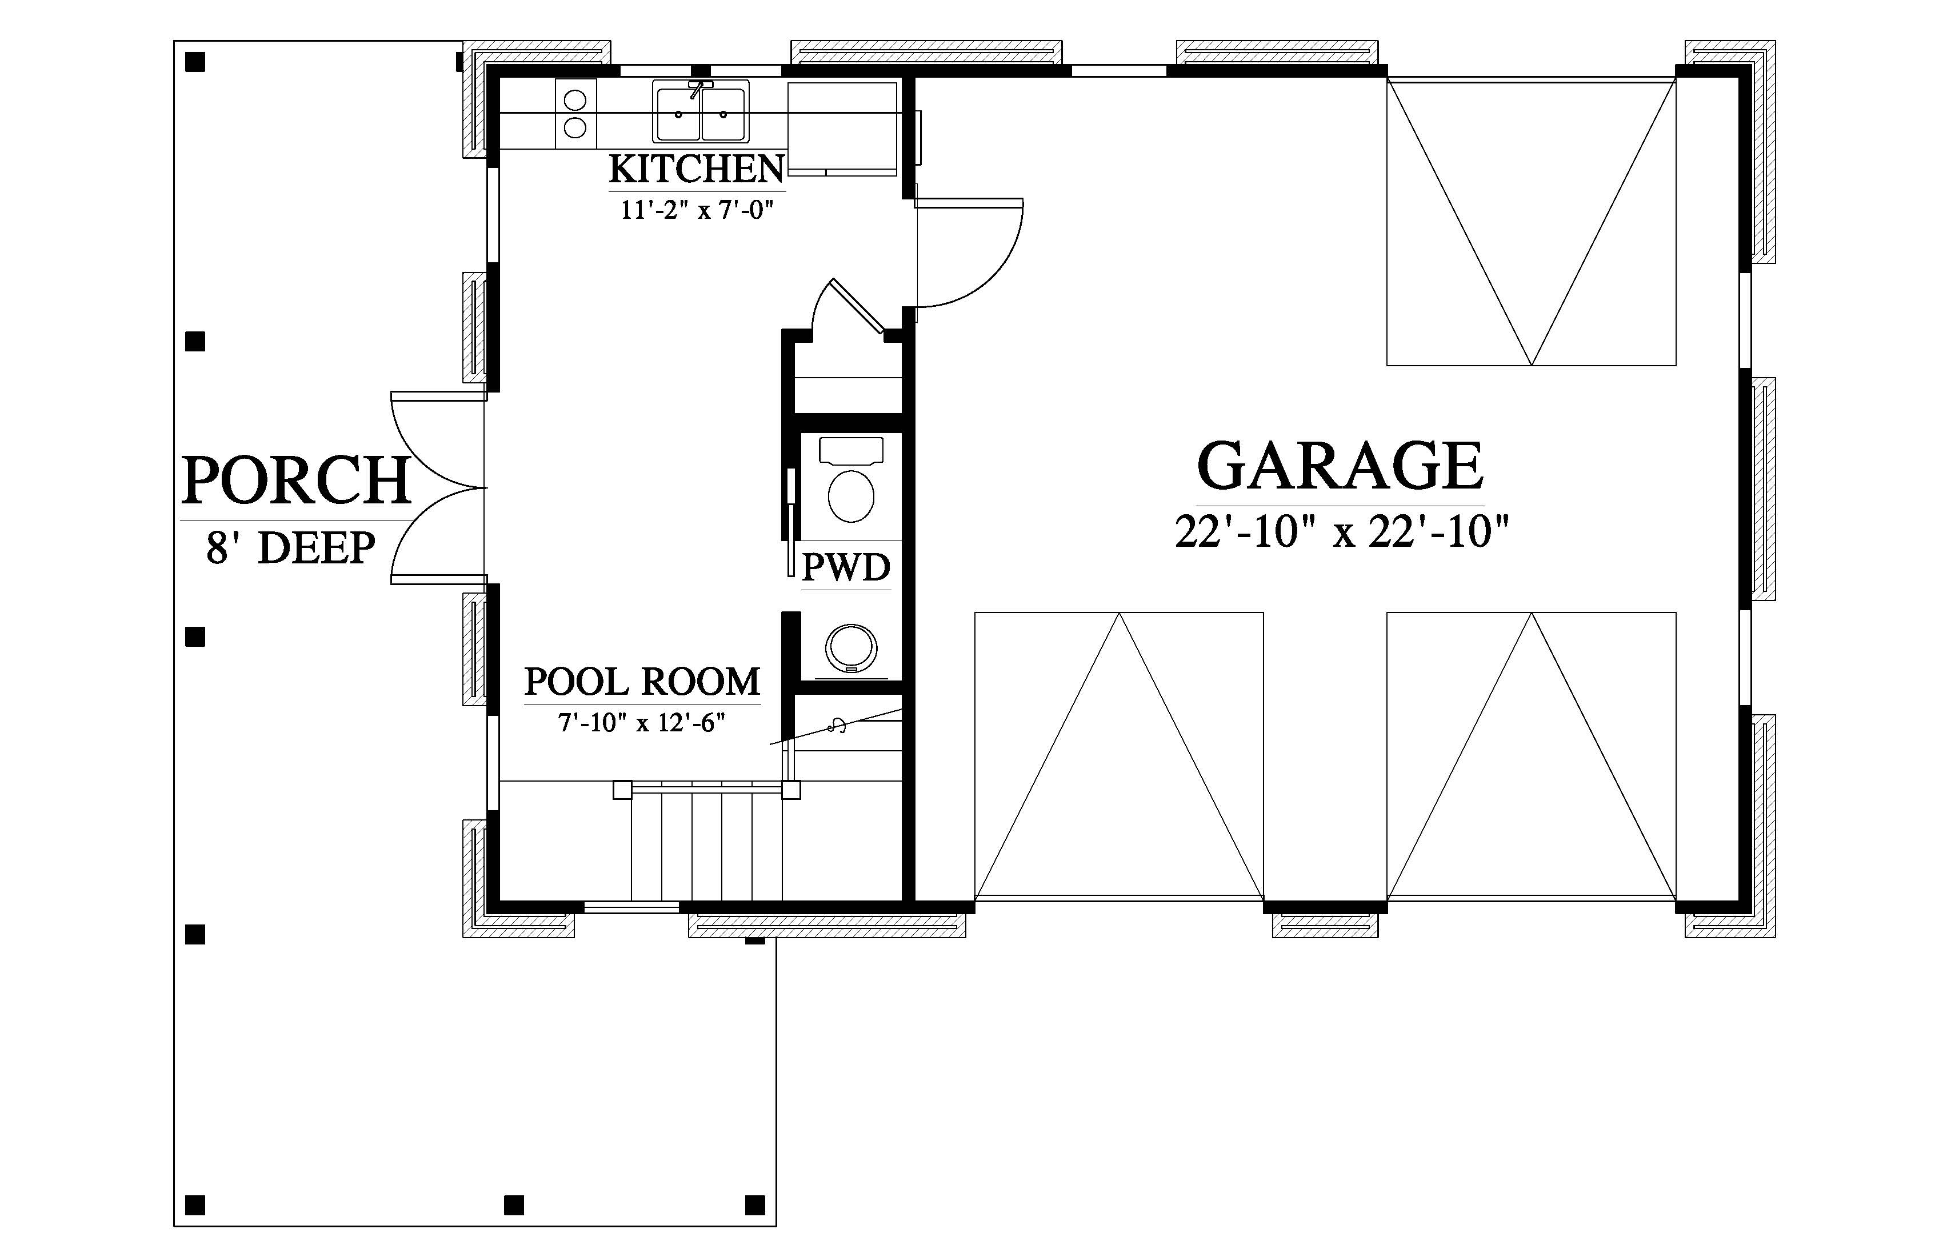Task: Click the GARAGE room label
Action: [x=1340, y=466]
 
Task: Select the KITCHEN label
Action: [x=697, y=169]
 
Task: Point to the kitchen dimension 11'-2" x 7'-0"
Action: [x=697, y=211]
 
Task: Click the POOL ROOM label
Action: [x=642, y=682]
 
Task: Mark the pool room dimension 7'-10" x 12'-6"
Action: [x=642, y=723]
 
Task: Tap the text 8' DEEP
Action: [x=291, y=548]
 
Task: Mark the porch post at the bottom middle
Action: [x=514, y=1205]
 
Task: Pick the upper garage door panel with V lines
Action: [x=1532, y=221]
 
